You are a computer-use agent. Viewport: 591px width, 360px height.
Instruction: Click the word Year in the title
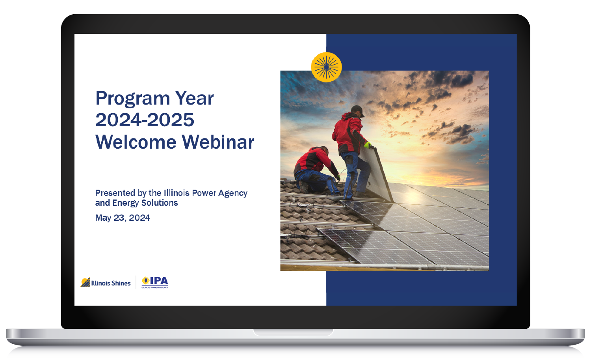[x=194, y=99]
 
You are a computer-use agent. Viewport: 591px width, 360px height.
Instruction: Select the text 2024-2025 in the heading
[x=145, y=120]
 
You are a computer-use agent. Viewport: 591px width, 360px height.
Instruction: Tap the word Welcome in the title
[x=136, y=142]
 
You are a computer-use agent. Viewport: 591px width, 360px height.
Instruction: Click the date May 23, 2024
[x=123, y=218]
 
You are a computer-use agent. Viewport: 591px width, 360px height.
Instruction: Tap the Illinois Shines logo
[x=106, y=283]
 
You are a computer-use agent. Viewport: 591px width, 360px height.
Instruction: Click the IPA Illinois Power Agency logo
[x=155, y=282]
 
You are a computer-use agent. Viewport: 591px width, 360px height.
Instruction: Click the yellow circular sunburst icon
[x=326, y=67]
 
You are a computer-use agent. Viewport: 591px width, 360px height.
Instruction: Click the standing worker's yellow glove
[x=368, y=145]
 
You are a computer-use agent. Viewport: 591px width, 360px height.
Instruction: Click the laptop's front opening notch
[x=293, y=332]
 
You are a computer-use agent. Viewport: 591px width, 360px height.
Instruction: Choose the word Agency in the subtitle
[x=232, y=193]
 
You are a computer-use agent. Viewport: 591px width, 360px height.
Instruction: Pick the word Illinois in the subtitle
[x=177, y=193]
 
